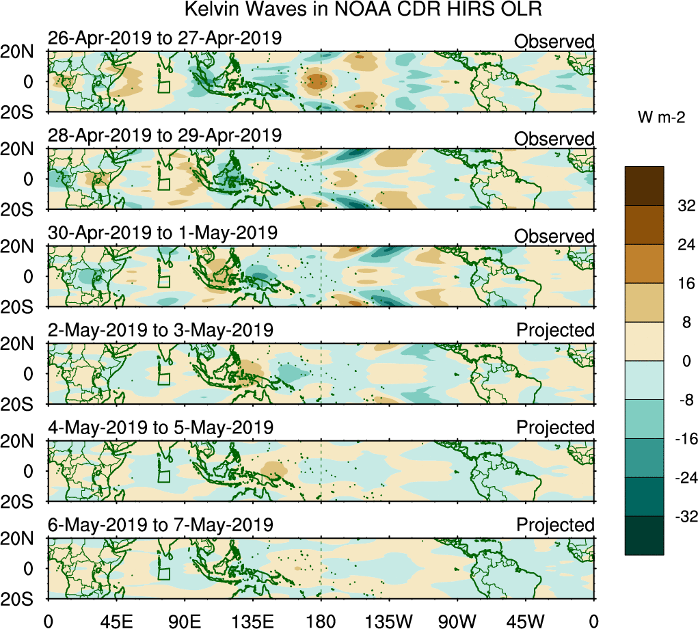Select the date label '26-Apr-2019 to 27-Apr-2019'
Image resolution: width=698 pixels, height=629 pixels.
tap(164, 38)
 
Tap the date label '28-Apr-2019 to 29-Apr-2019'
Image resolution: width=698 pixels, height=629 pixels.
tap(164, 135)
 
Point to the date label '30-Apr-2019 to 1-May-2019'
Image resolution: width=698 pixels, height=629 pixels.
tap(162, 232)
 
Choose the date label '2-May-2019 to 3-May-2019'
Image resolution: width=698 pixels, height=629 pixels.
tap(160, 330)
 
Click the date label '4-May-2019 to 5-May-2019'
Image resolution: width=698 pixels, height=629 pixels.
tap(160, 428)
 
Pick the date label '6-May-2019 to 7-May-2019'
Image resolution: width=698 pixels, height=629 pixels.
tap(160, 525)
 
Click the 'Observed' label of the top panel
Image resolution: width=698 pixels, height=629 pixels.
tap(554, 42)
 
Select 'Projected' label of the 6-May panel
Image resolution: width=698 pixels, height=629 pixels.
tap(555, 525)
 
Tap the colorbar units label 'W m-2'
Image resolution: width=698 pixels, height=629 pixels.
tap(662, 118)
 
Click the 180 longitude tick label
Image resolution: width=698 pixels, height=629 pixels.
tap(321, 621)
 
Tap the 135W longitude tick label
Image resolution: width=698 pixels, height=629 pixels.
tap(389, 621)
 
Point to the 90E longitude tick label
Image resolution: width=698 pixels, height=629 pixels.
tap(184, 621)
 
